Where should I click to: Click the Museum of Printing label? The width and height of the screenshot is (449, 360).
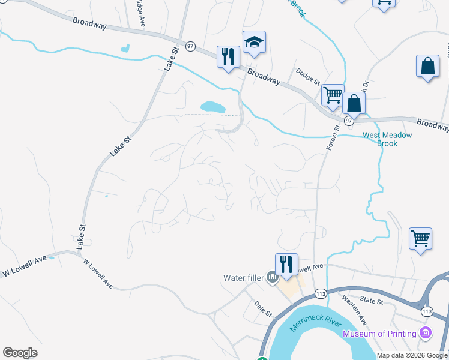379,334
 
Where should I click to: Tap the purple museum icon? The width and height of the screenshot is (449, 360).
426,332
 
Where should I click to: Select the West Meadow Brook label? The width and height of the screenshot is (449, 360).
387,139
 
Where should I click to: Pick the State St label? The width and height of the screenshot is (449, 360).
371,301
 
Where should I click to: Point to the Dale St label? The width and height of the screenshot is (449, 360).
262,309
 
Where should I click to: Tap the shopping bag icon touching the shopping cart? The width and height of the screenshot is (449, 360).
354,103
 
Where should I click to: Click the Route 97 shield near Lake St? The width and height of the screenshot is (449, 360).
190,46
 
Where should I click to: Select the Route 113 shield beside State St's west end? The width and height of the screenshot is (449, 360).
320,294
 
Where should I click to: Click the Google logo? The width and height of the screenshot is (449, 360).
20,353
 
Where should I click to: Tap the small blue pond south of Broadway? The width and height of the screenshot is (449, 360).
213,107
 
